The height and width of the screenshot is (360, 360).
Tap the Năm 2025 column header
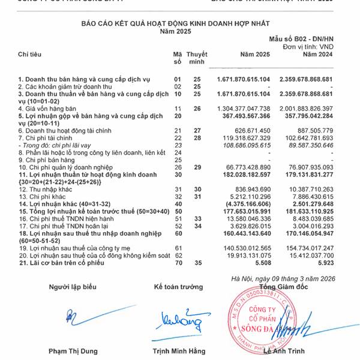pyautogui.click(x=255, y=55)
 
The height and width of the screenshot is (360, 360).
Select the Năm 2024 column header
pyautogui.click(x=317, y=55)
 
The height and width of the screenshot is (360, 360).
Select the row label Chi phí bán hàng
pyautogui.click(x=43, y=160)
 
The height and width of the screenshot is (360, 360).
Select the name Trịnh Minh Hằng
pyautogui.click(x=179, y=351)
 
